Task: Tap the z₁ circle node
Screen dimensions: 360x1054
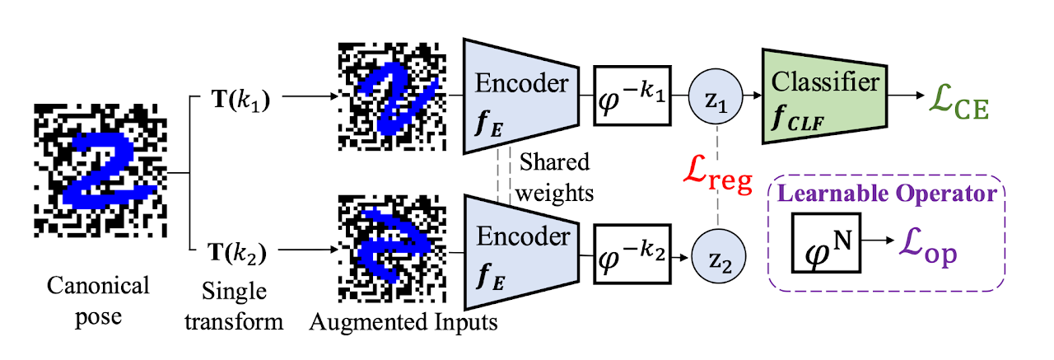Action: coord(718,96)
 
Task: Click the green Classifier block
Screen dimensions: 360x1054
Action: coord(824,95)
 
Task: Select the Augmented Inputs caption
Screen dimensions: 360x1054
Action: coord(403,322)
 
